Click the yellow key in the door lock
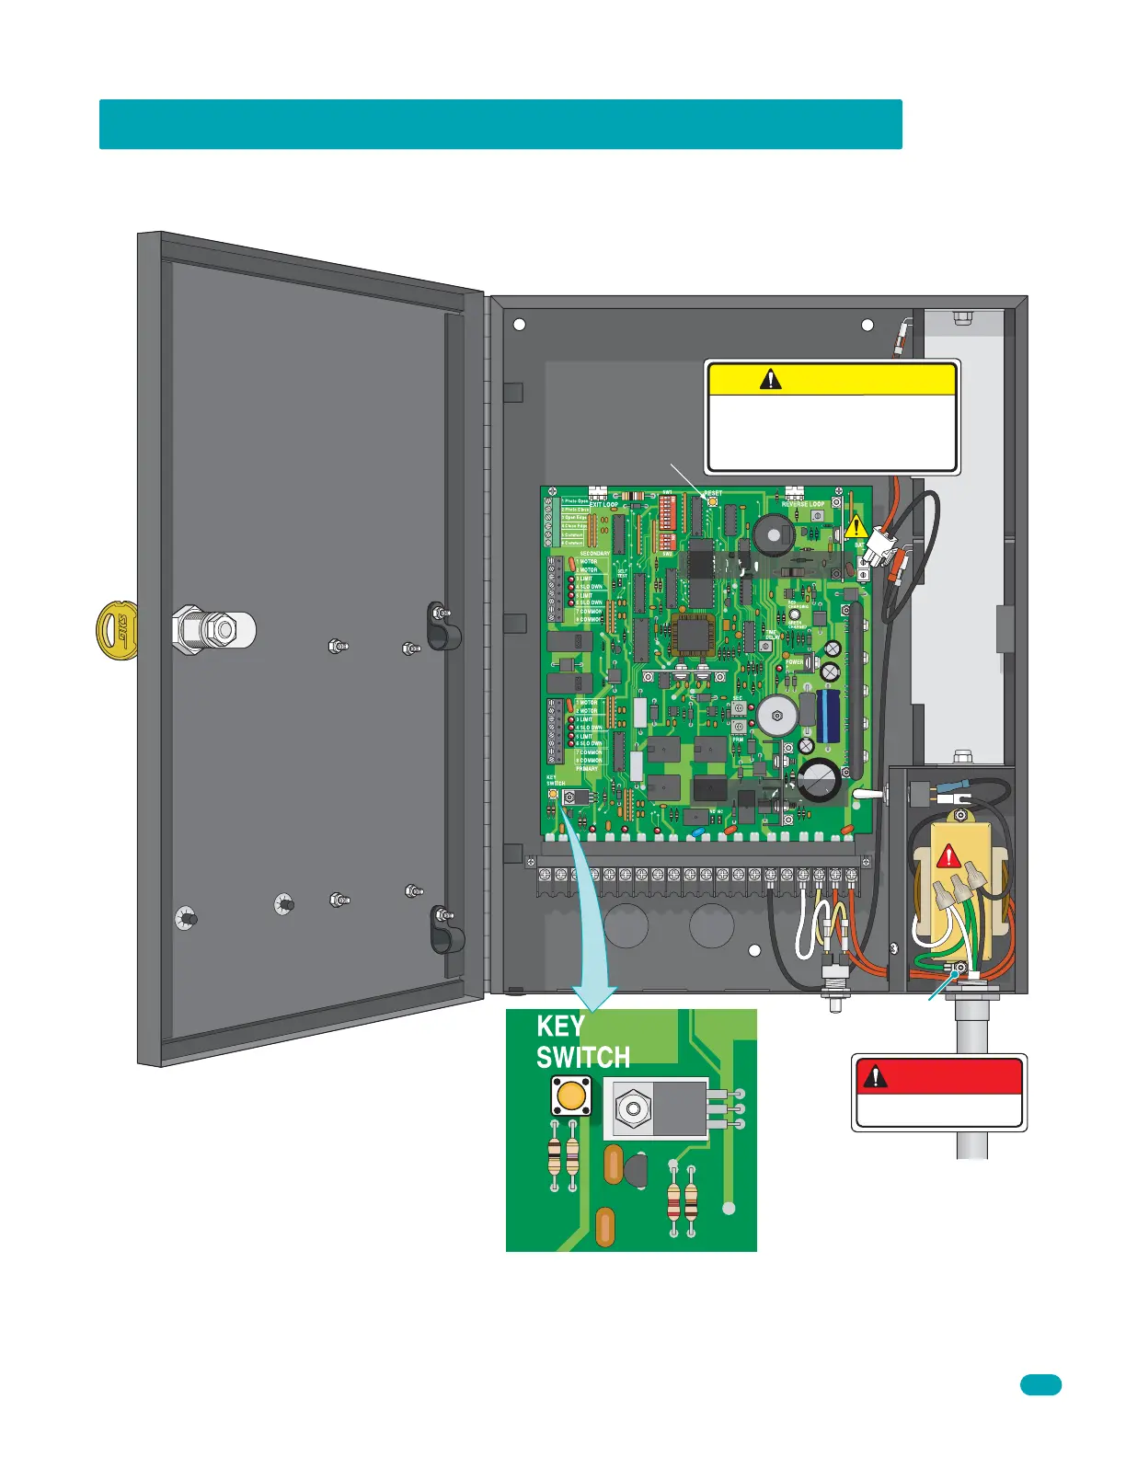[x=116, y=630]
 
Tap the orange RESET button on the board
[x=711, y=503]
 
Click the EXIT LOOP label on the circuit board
[x=603, y=505]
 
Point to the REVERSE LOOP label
[x=803, y=505]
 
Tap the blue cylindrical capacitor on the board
[x=829, y=717]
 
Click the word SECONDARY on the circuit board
[x=594, y=554]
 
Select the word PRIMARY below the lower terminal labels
[x=587, y=769]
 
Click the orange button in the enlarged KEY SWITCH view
[x=570, y=1096]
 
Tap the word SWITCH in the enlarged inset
[x=583, y=1058]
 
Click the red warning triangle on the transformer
[x=948, y=858]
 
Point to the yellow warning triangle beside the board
[x=856, y=527]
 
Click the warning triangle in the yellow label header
[x=770, y=379]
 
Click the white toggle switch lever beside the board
[x=867, y=792]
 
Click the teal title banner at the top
[x=500, y=124]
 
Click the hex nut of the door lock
[x=217, y=630]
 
